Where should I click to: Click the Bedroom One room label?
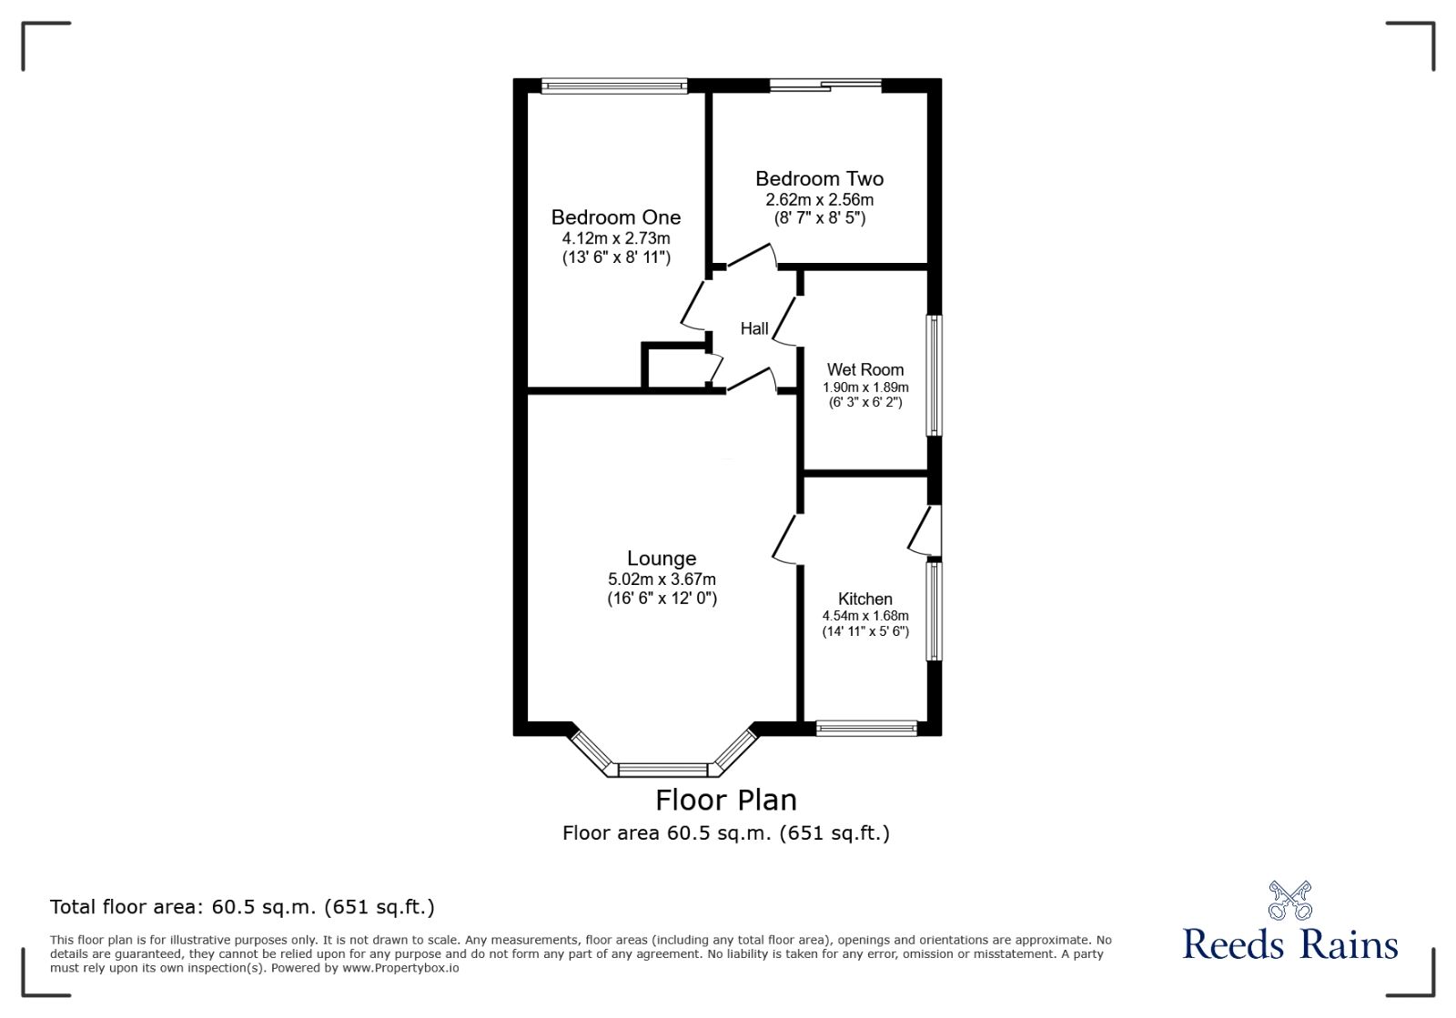[x=616, y=217]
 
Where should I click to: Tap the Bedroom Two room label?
[x=819, y=179]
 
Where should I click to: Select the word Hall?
[x=754, y=328]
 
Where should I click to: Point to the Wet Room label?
[x=864, y=369]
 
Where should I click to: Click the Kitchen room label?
[x=864, y=599]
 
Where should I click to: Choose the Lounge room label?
[x=662, y=559]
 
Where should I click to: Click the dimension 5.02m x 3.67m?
[x=662, y=580]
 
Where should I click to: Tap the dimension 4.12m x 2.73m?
[x=616, y=238]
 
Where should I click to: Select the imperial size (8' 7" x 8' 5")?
[x=819, y=218]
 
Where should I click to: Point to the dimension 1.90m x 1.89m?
[x=865, y=387]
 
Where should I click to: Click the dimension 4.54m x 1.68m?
[x=865, y=616]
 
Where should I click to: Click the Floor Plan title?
[x=726, y=800]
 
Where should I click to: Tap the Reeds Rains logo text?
[x=1289, y=944]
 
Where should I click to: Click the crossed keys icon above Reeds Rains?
[x=1289, y=900]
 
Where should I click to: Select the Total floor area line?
[x=242, y=907]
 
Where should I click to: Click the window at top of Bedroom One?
[x=614, y=86]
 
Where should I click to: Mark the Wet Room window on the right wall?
[x=934, y=375]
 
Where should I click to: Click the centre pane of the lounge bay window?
[x=662, y=771]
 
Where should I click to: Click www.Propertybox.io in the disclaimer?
[x=400, y=968]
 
